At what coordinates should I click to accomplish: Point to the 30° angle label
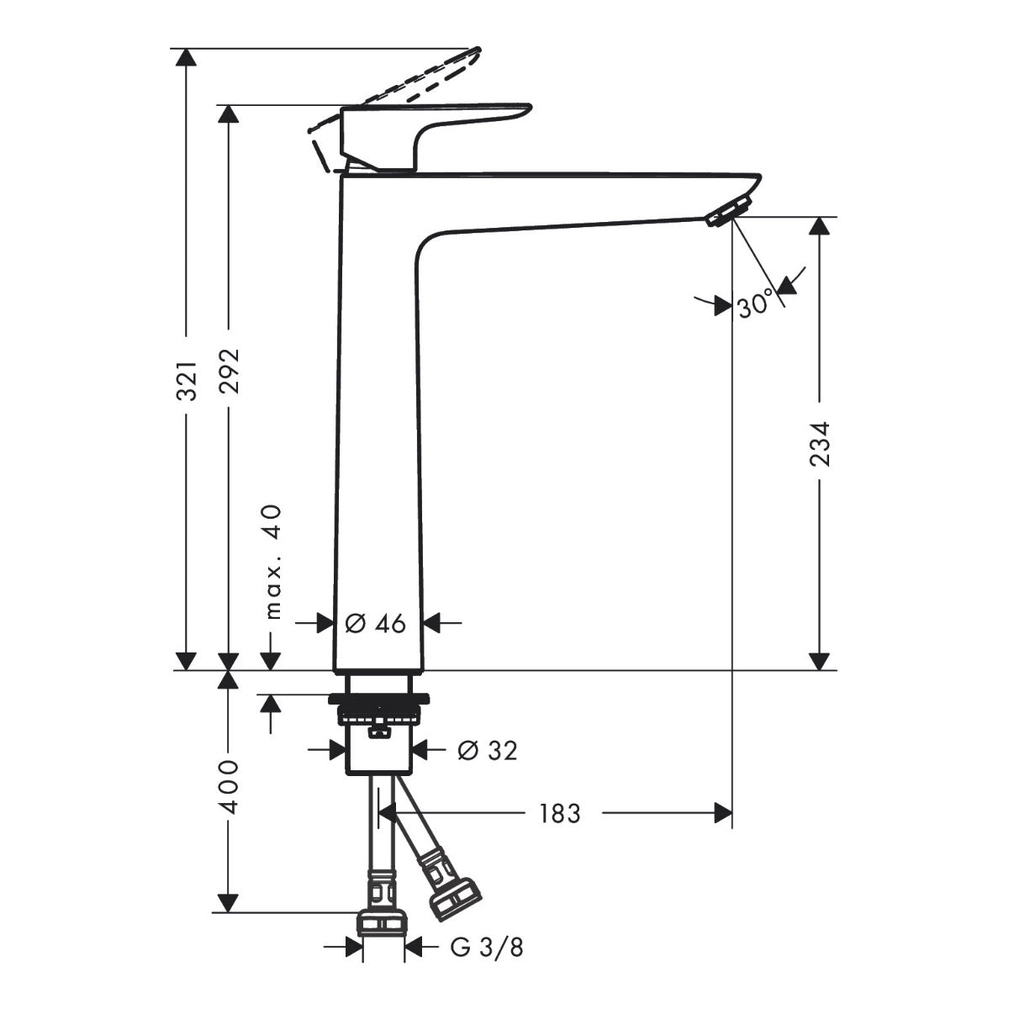point(755,305)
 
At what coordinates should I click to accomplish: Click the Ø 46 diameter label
point(376,623)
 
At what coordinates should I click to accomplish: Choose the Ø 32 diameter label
point(487,750)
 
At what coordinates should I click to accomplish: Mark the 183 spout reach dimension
point(559,813)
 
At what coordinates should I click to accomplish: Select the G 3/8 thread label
point(487,948)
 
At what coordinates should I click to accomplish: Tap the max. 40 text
point(274,562)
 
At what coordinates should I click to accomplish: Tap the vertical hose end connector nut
point(383,922)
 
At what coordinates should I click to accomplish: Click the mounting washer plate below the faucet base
point(379,698)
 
